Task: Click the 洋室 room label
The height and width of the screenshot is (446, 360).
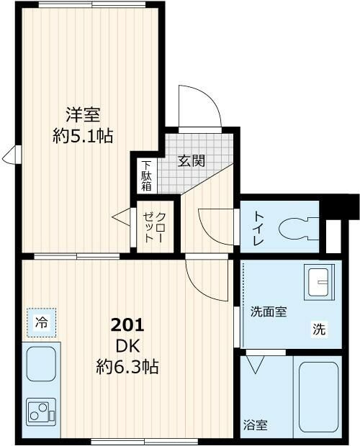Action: pyautogui.click(x=83, y=114)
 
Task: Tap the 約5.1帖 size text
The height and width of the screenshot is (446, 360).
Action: pyautogui.click(x=83, y=135)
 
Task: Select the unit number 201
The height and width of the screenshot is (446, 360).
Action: pyautogui.click(x=127, y=324)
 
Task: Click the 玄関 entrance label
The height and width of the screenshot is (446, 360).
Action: pyautogui.click(x=192, y=160)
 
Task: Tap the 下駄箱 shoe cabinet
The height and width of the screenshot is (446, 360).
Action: pyautogui.click(x=146, y=175)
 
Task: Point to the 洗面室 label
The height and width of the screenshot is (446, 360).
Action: pyautogui.click(x=269, y=311)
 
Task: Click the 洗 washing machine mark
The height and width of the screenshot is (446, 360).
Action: pyautogui.click(x=318, y=330)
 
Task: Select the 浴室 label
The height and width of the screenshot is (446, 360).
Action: pyautogui.click(x=256, y=424)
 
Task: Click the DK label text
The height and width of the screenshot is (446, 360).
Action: pyautogui.click(x=127, y=345)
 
